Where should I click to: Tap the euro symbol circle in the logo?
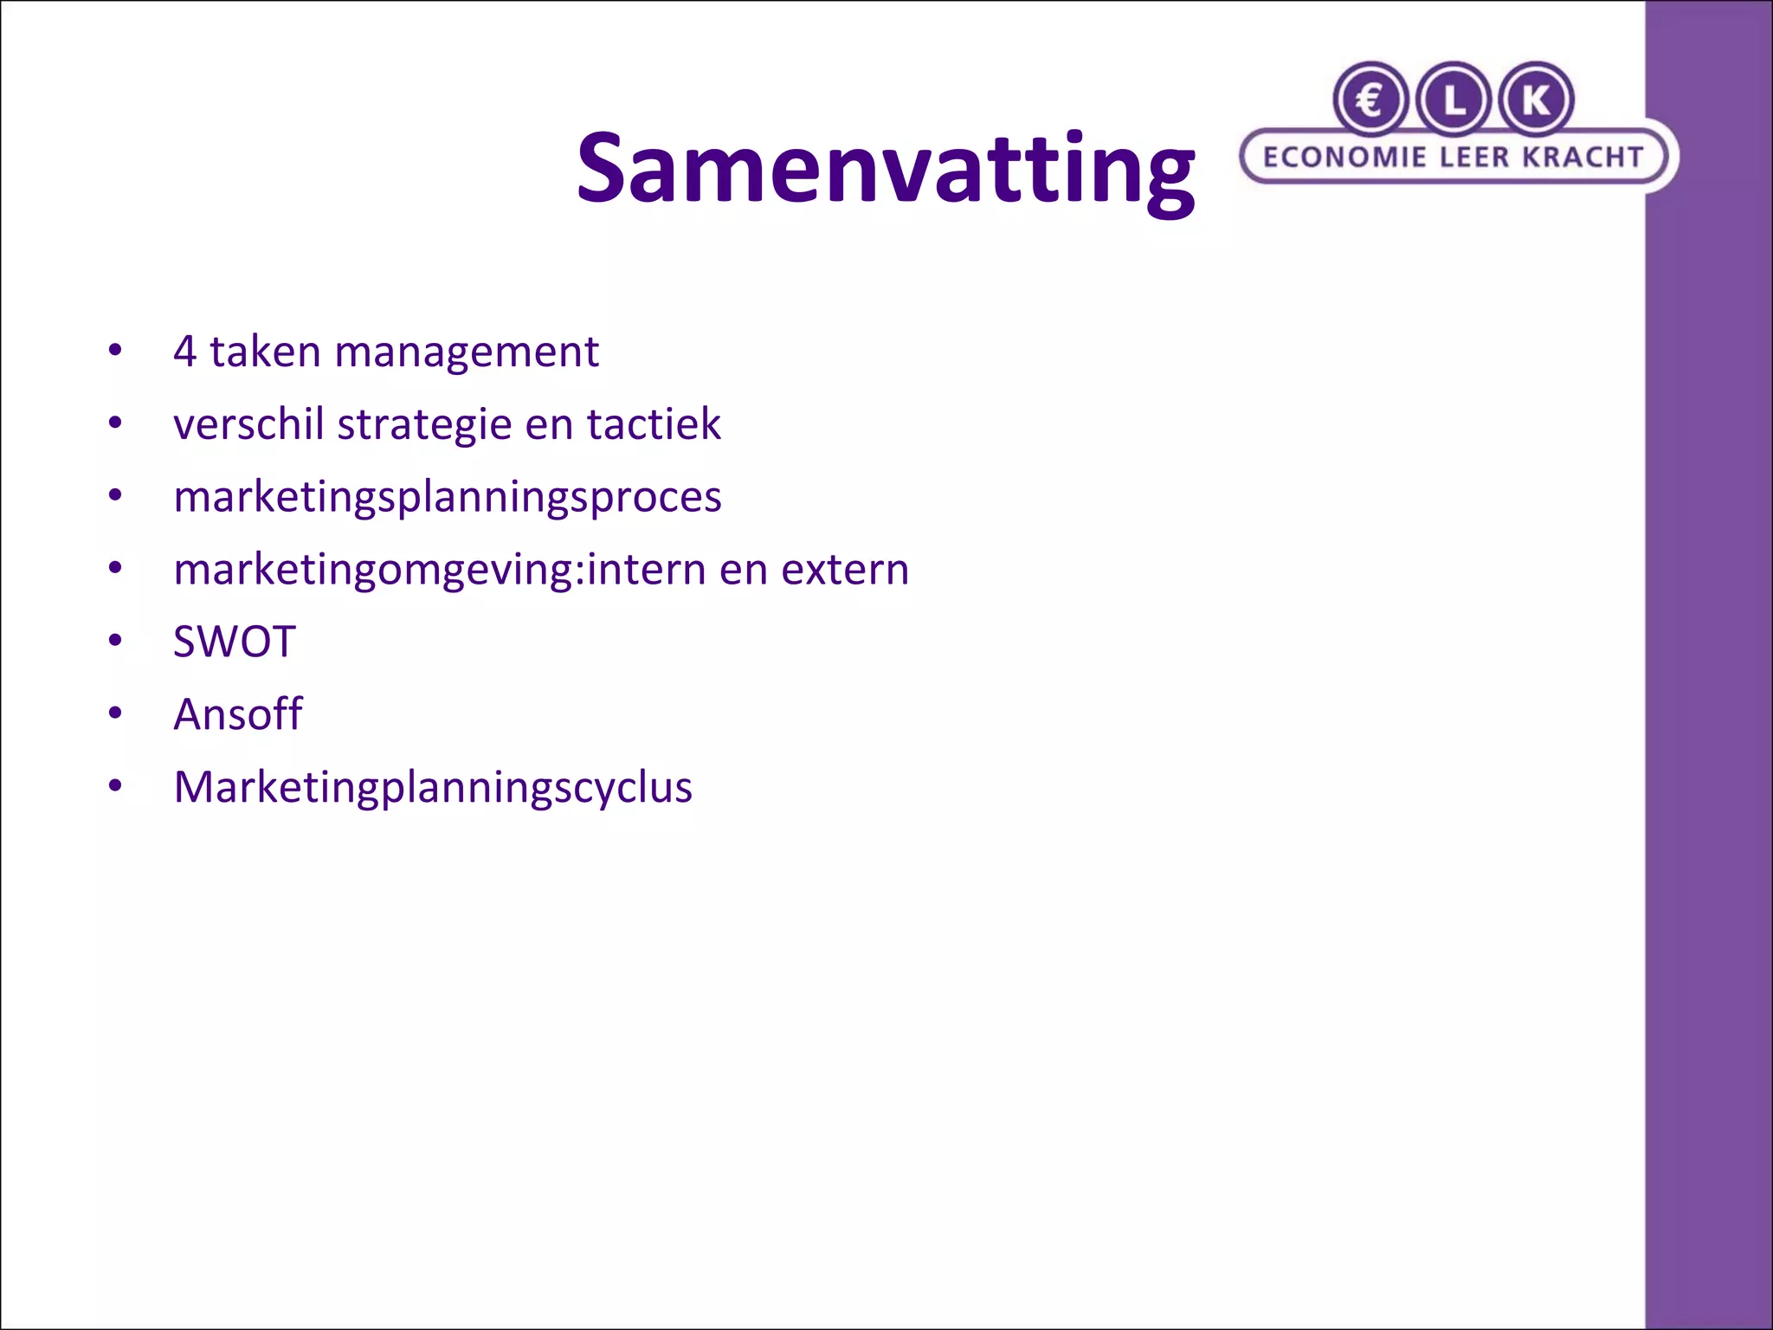point(1370,100)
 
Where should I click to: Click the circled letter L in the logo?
point(1454,100)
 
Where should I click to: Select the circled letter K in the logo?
point(1536,100)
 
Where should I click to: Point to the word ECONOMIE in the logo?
point(1344,157)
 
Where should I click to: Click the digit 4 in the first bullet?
point(184,352)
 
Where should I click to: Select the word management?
point(466,352)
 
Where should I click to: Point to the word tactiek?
point(654,424)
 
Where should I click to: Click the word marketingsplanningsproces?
point(448,498)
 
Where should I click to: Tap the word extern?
point(845,570)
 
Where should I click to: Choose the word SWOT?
point(235,642)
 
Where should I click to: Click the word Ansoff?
point(238,714)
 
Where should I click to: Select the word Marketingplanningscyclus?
point(433,788)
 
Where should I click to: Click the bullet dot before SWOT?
point(115,642)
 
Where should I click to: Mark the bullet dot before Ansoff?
point(115,714)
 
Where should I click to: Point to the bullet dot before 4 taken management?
point(115,352)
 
